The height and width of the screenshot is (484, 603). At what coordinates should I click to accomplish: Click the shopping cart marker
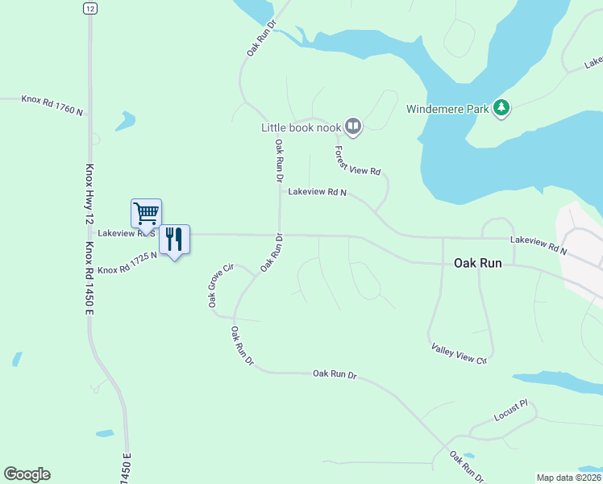coord(146,215)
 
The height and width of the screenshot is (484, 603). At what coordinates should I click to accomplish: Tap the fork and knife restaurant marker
coord(174,240)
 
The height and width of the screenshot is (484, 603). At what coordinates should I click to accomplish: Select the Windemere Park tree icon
coord(501,108)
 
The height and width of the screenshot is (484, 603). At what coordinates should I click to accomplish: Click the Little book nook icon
coord(353,126)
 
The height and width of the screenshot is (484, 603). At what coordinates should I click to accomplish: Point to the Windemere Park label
coord(447,109)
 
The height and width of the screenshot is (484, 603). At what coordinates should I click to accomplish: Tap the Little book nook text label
coord(301,127)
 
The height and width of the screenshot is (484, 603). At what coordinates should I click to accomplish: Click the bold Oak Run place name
coord(479,263)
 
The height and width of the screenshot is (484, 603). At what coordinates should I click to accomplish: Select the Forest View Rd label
coord(357,160)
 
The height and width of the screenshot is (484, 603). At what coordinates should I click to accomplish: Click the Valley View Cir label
coord(460,353)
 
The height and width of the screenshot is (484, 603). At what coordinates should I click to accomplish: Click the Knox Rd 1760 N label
coord(53,105)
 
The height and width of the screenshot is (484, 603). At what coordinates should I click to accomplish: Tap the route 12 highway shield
coord(88,7)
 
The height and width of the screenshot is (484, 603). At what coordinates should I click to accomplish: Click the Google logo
coord(27,474)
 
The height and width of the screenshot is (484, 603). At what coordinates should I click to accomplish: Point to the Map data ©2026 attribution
coord(569,478)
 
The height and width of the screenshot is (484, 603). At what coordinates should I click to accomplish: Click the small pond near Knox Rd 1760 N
coord(125,122)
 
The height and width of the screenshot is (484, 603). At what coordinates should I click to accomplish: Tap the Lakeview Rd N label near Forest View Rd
coord(317,193)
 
